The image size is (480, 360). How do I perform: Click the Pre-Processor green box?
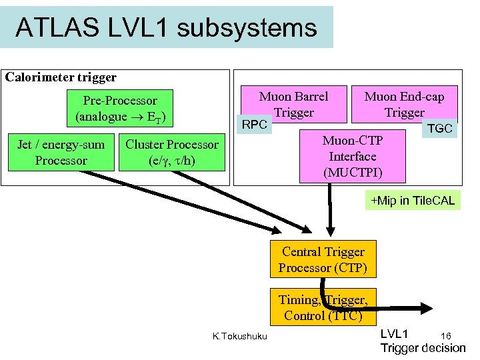[121, 109]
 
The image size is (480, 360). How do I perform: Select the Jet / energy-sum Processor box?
[61, 153]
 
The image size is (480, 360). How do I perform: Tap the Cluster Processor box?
[172, 153]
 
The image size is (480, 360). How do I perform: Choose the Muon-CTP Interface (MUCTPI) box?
[352, 157]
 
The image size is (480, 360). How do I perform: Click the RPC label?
[254, 125]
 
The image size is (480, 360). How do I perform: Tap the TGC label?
[440, 129]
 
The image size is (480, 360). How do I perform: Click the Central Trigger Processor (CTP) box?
[323, 260]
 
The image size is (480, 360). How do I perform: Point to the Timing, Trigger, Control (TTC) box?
[323, 307]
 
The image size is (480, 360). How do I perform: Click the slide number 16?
[446, 335]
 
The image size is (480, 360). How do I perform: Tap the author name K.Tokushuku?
[239, 336]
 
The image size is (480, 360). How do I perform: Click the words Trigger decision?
[423, 348]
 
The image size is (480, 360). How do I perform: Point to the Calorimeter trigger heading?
[61, 77]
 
